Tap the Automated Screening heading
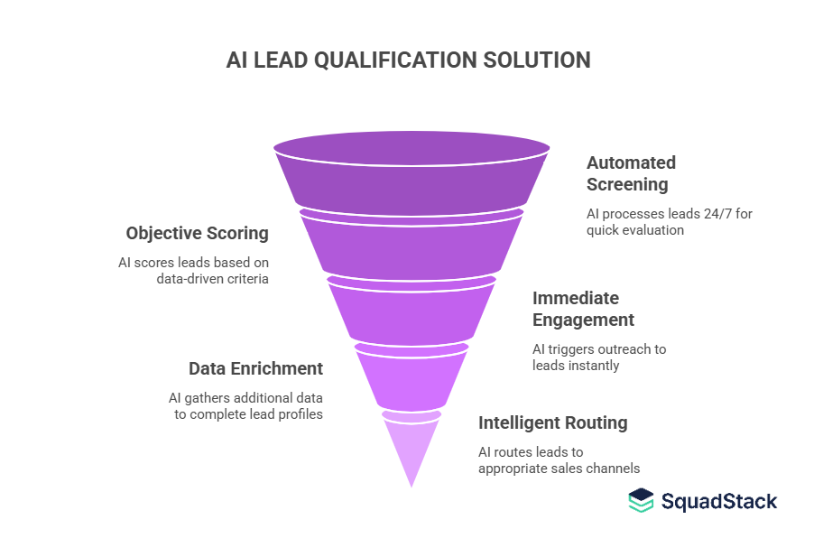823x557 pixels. pyautogui.click(x=631, y=173)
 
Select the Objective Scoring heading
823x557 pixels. pyautogui.click(x=198, y=233)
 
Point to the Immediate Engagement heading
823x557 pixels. pyautogui.click(x=583, y=309)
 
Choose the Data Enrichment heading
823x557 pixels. pyautogui.click(x=255, y=368)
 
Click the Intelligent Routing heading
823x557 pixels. pyautogui.click(x=552, y=422)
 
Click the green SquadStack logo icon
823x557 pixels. pyautogui.click(x=641, y=501)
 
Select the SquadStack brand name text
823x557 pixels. pyautogui.click(x=718, y=502)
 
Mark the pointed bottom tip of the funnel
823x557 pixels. pyautogui.click(x=411, y=485)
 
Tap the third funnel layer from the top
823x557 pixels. pyautogui.click(x=411, y=311)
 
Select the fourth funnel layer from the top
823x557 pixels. pyautogui.click(x=411, y=377)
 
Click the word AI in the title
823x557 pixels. pyautogui.click(x=237, y=60)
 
